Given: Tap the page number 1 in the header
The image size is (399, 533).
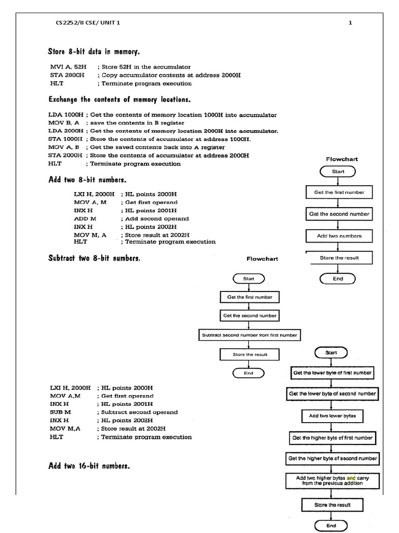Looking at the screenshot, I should pyautogui.click(x=350, y=22).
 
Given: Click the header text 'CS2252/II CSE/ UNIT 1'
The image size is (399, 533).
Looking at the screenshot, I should pyautogui.click(x=90, y=22).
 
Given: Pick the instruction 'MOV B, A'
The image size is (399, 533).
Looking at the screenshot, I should pyautogui.click(x=64, y=123).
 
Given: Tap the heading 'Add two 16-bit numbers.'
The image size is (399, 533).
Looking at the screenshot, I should pyautogui.click(x=89, y=466).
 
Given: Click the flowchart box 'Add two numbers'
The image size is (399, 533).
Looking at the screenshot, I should pyautogui.click(x=339, y=236).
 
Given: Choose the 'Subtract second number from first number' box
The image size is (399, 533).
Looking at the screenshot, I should pyautogui.click(x=249, y=335).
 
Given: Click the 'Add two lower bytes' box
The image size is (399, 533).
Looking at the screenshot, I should pyautogui.click(x=328, y=416).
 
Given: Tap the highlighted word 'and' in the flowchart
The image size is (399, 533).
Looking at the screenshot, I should pyautogui.click(x=351, y=477).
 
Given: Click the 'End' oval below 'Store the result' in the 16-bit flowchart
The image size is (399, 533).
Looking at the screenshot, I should pyautogui.click(x=331, y=525).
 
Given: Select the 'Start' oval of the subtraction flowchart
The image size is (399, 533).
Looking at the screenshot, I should pyautogui.click(x=249, y=279).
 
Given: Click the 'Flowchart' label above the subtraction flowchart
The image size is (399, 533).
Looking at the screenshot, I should pyautogui.click(x=262, y=258).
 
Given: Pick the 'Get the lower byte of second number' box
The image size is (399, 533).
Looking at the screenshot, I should pyautogui.click(x=332, y=394).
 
